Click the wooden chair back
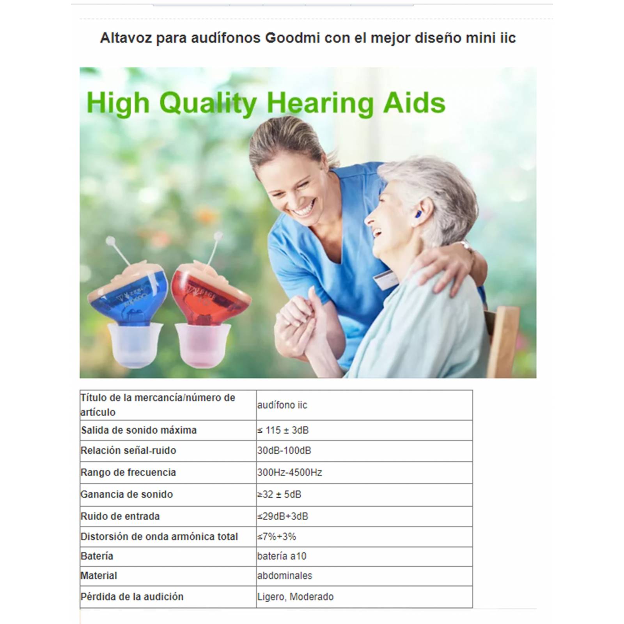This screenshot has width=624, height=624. point(503,339)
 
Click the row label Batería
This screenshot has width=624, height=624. point(97,556)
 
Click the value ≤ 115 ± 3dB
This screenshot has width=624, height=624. point(283,430)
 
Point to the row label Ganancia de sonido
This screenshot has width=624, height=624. point(126,495)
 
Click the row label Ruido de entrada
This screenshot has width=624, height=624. point(120,516)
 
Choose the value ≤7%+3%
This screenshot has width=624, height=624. point(277,537)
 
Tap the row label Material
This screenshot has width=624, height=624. point(99,576)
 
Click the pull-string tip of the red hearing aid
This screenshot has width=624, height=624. point(219,236)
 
